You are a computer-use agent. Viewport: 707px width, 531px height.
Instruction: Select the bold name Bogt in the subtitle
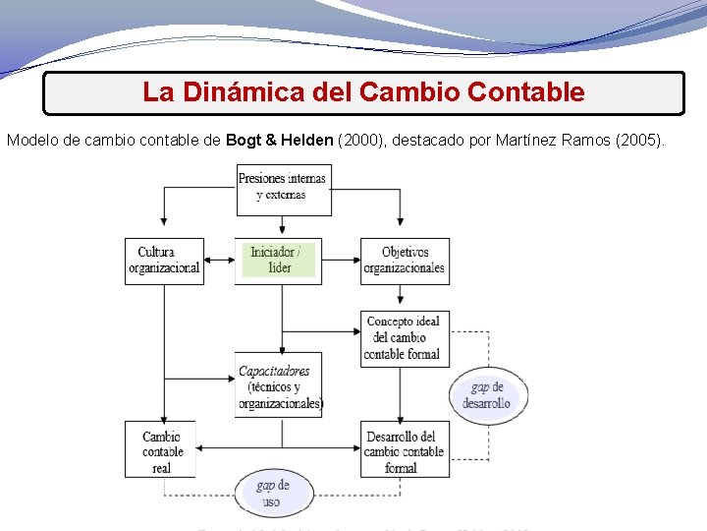[x=243, y=141]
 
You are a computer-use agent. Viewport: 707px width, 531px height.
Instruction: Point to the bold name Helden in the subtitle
[x=305, y=141]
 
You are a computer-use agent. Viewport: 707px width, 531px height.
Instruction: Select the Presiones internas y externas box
[x=283, y=188]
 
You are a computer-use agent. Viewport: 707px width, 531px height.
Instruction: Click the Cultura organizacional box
[x=164, y=261]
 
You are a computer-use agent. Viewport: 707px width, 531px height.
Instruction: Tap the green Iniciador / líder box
[x=280, y=261]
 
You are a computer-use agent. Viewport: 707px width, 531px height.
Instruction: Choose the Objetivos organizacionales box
[x=404, y=261]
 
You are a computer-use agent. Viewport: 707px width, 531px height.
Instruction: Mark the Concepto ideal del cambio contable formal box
[x=404, y=337]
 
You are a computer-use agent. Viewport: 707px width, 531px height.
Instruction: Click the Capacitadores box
[x=279, y=385]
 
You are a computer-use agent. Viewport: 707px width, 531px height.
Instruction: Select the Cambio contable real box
[x=160, y=450]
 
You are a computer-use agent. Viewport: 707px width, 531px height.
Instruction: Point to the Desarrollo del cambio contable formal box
[x=404, y=450]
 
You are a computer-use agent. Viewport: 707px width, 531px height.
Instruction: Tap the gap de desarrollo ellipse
[x=488, y=395]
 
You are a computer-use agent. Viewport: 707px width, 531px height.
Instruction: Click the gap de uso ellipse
[x=273, y=493]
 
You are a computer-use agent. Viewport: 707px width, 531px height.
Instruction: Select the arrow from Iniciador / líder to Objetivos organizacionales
[x=342, y=261]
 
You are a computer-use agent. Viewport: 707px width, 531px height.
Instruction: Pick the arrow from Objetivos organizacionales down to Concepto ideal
[x=404, y=297]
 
